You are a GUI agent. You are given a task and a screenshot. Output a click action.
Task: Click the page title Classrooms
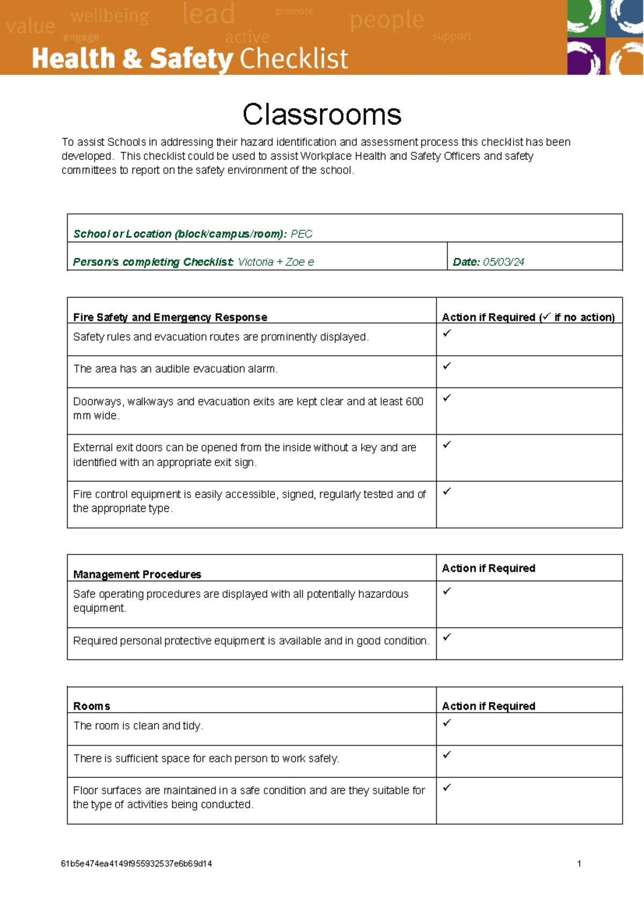[x=321, y=114]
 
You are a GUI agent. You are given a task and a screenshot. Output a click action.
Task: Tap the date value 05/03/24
[x=503, y=262]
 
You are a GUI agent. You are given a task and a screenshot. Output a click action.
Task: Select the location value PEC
[x=301, y=234]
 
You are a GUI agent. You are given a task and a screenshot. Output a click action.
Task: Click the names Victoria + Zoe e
[x=276, y=262]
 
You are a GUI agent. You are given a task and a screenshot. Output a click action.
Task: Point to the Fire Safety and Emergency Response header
[x=170, y=317]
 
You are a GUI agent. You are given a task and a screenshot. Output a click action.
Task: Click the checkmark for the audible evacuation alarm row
[x=447, y=366]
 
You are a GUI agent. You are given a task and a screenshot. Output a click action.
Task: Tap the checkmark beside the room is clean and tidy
[x=447, y=723]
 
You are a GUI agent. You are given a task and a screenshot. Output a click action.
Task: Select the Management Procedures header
[x=137, y=574]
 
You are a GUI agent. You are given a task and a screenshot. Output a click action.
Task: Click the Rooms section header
[x=91, y=706]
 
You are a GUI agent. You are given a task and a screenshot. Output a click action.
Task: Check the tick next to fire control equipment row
[x=447, y=491]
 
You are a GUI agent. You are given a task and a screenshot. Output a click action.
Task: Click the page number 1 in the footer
[x=579, y=864]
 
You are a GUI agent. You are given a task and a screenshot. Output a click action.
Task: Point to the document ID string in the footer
[x=136, y=864]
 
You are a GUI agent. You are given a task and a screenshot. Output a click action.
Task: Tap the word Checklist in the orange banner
[x=294, y=59]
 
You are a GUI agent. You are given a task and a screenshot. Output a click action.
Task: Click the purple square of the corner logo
[x=586, y=56]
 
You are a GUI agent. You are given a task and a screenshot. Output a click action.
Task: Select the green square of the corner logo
[x=586, y=18]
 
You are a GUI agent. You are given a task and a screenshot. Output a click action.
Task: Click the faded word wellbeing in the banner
[x=109, y=16]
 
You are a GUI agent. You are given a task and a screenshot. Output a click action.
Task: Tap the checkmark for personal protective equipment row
[x=447, y=637]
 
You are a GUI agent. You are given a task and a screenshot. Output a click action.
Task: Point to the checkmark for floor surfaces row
[x=447, y=787]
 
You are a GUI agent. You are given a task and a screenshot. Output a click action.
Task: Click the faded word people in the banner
[x=386, y=20]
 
